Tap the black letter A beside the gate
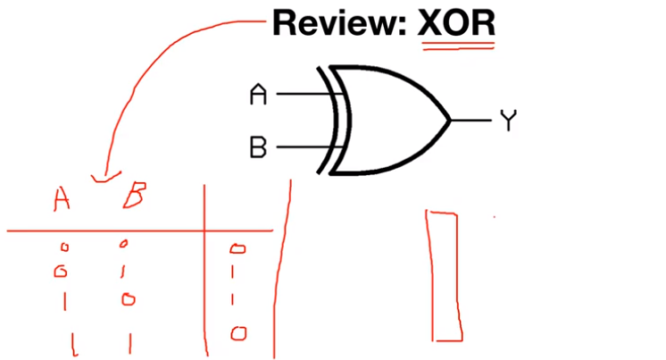[258, 94]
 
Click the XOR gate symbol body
[393, 120]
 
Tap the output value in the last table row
[237, 333]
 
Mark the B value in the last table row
[129, 339]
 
